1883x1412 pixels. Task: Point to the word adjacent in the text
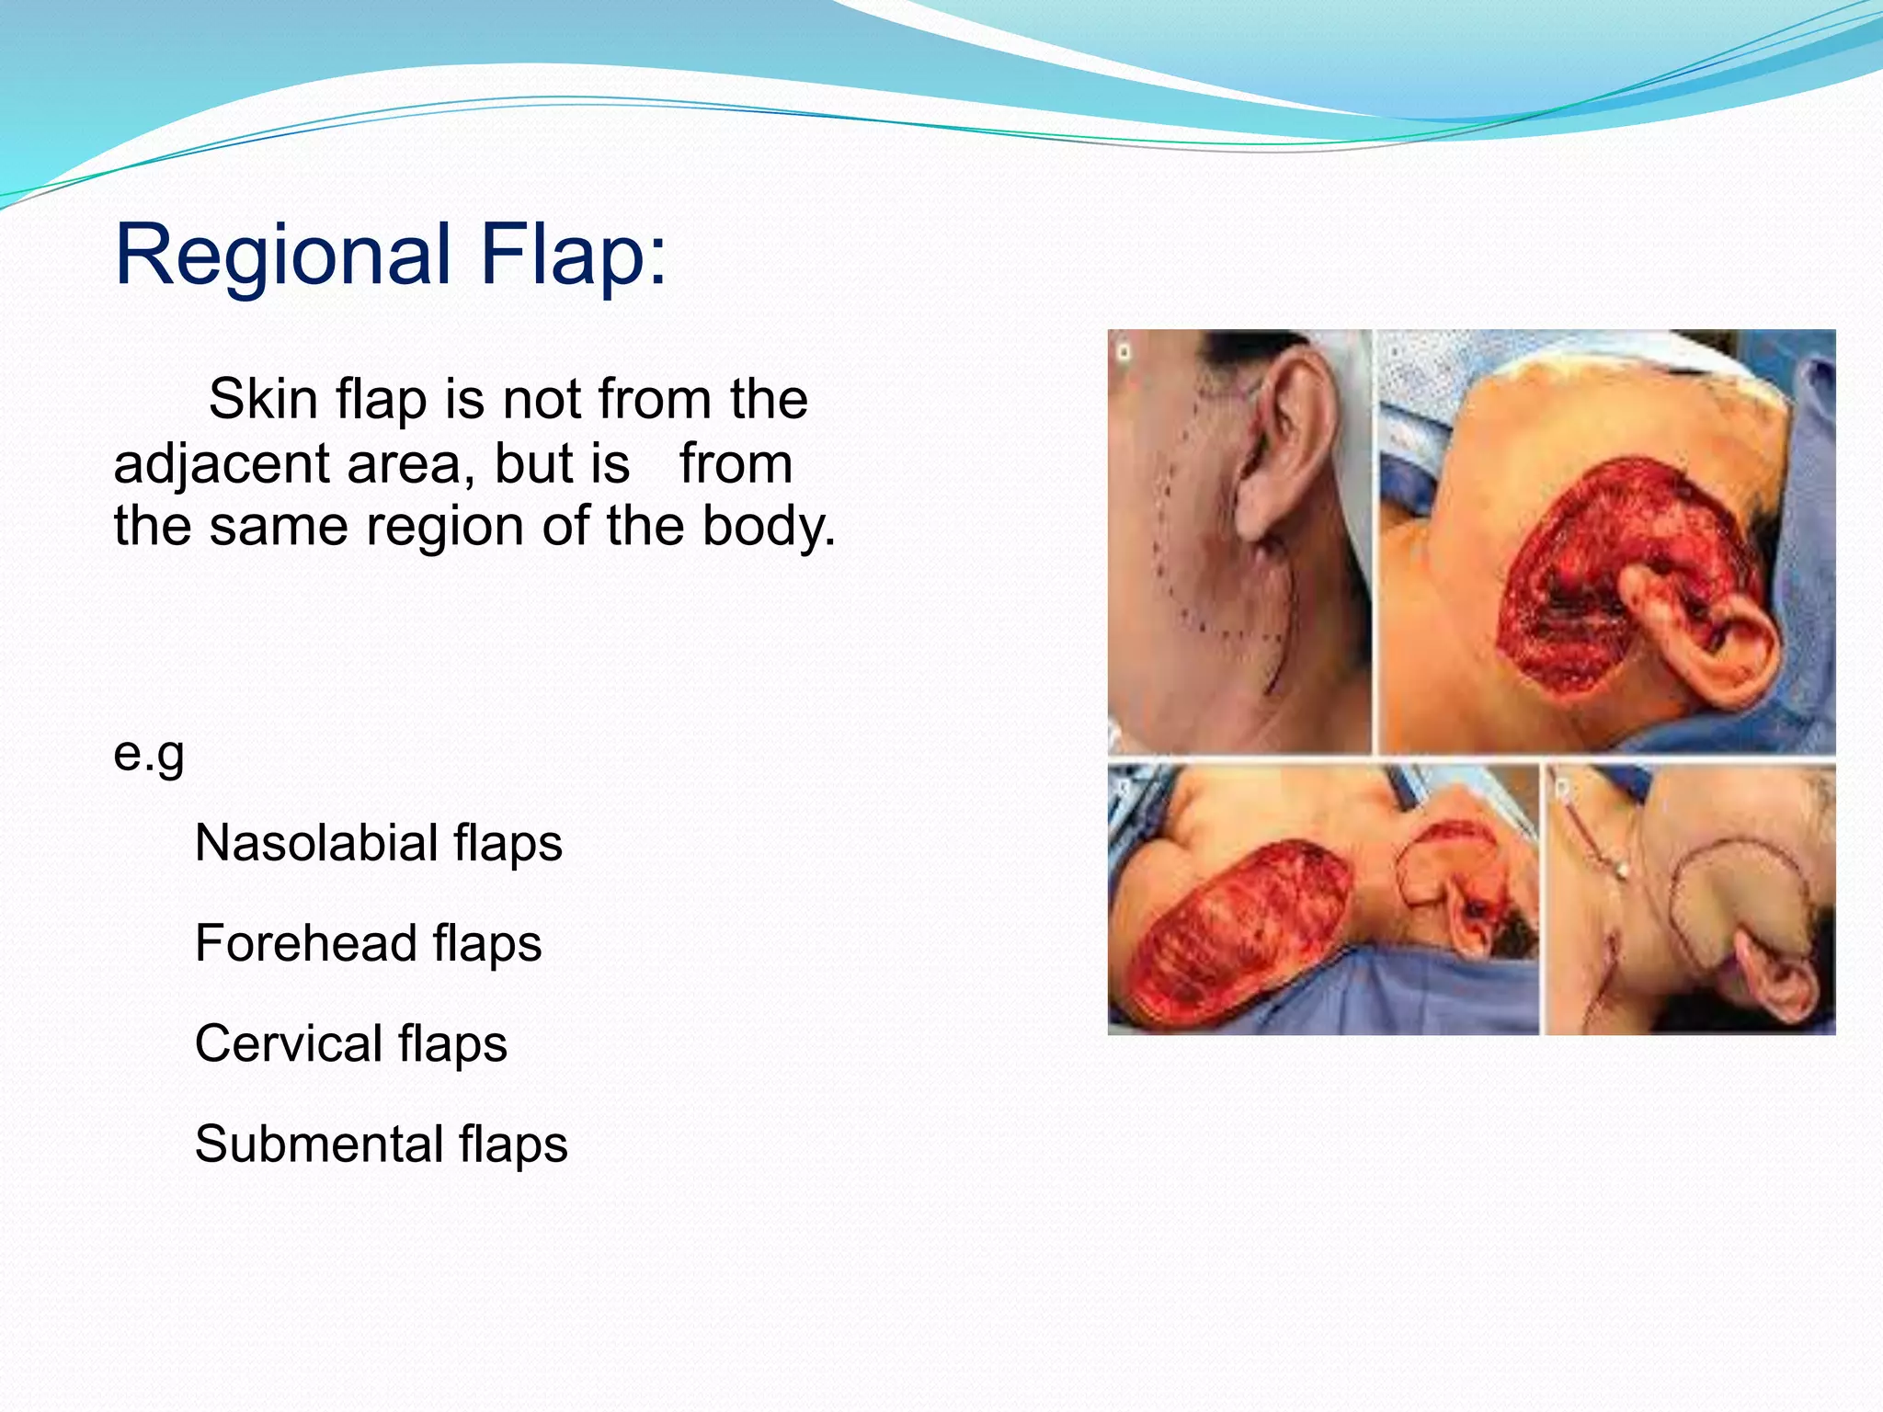(x=221, y=463)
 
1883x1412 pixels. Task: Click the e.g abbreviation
(x=149, y=754)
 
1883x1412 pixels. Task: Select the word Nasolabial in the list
(x=316, y=843)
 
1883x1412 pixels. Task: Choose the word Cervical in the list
(x=289, y=1043)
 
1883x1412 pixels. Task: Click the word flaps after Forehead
(x=487, y=943)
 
